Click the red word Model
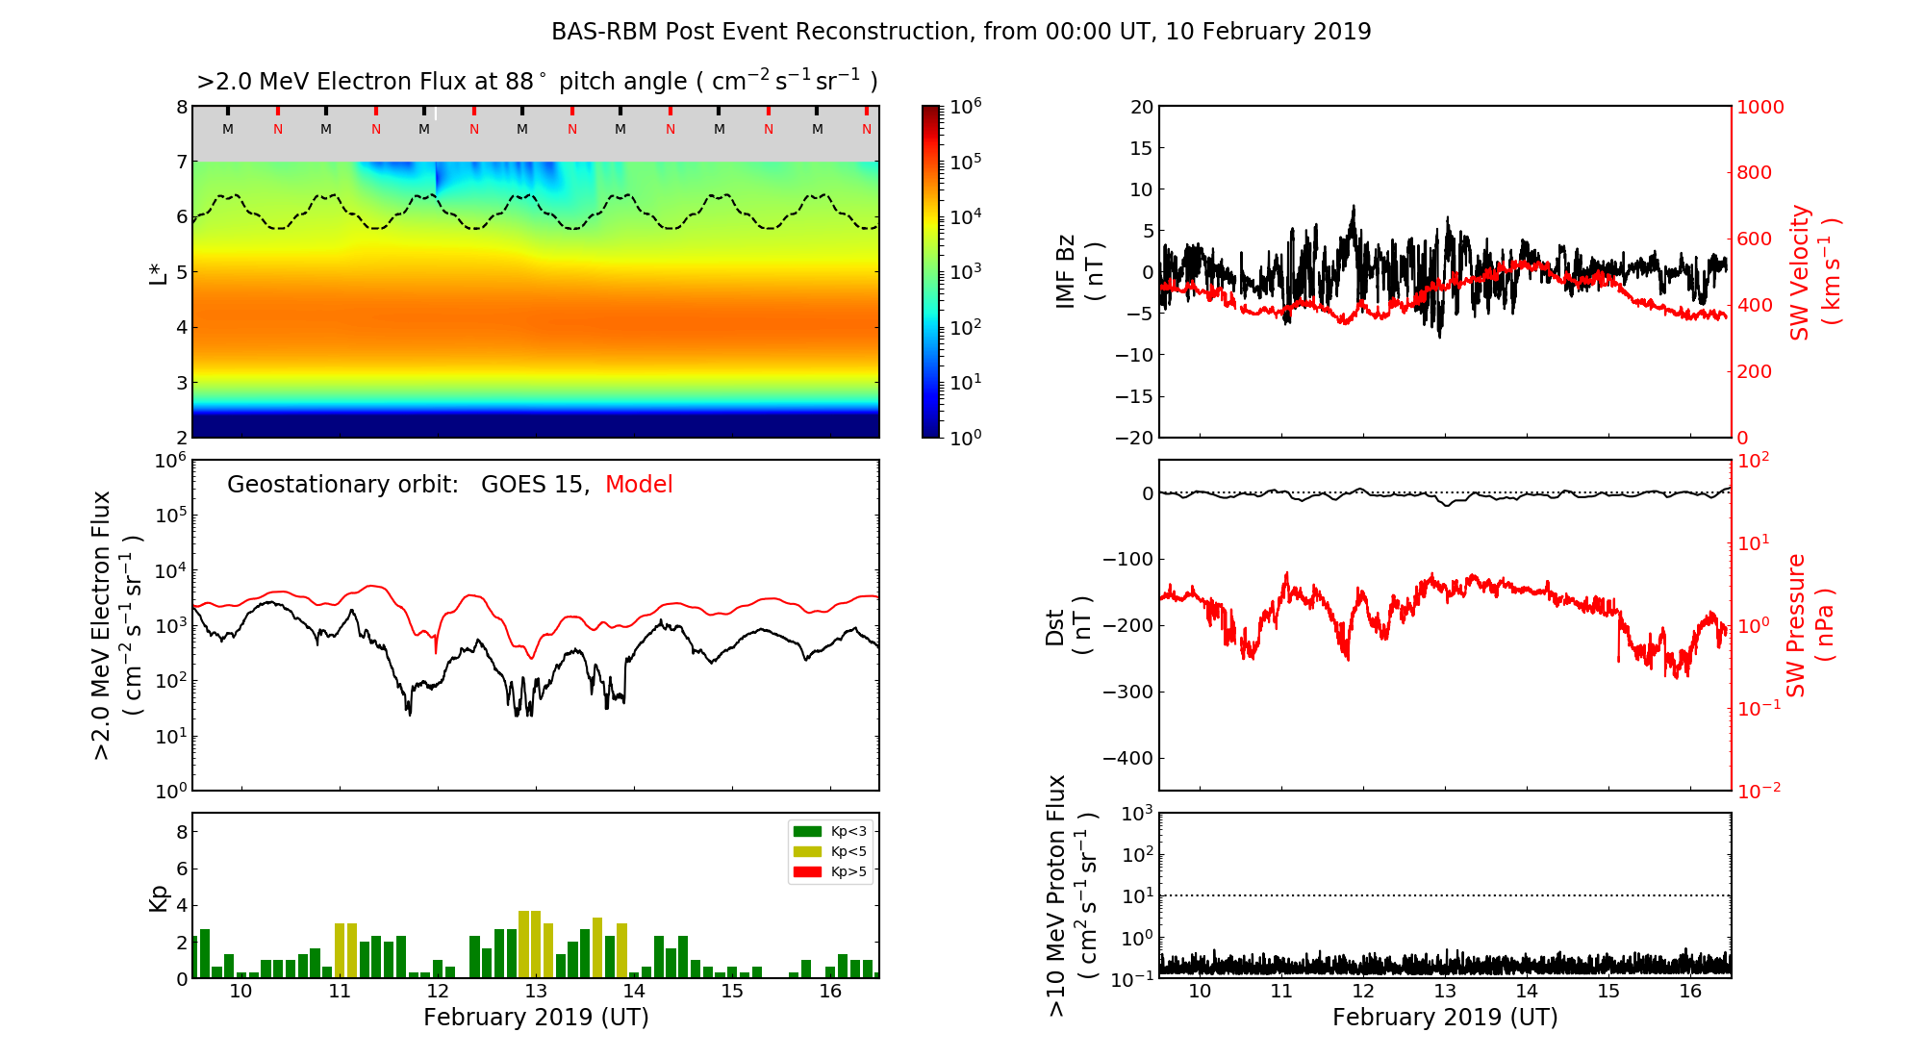(639, 485)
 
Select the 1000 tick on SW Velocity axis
(1759, 107)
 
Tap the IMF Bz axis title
(1079, 272)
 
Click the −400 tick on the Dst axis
(1127, 758)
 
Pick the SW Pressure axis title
(1810, 625)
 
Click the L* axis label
(158, 272)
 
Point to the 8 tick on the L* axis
(182, 107)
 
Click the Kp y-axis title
(159, 897)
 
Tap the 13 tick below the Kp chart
(536, 992)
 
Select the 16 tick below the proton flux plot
(1690, 992)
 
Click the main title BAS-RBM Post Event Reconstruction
(961, 32)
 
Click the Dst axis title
(1068, 625)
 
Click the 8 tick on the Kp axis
(182, 832)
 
